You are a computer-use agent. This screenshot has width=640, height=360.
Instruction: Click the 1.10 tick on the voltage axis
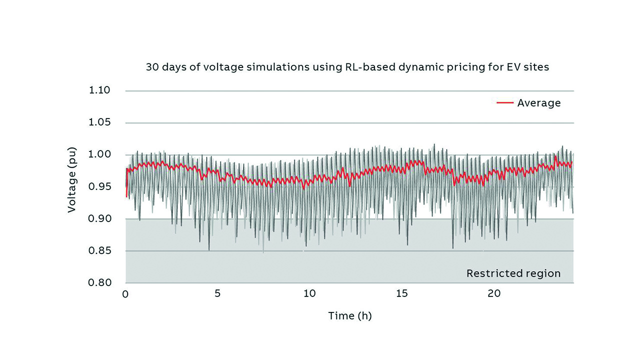pyautogui.click(x=99, y=90)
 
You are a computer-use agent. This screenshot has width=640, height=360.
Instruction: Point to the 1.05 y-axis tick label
pyautogui.click(x=99, y=122)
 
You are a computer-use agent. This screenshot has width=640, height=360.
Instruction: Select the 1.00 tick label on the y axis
pyautogui.click(x=99, y=154)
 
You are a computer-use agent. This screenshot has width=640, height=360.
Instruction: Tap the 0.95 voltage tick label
pyautogui.click(x=99, y=186)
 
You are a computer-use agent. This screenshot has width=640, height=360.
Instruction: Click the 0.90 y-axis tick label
pyautogui.click(x=99, y=218)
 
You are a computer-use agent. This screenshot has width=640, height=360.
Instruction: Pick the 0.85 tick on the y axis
pyautogui.click(x=99, y=250)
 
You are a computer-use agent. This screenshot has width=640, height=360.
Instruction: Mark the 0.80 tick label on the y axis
pyautogui.click(x=99, y=282)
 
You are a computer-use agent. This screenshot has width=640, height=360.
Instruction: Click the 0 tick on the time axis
pyautogui.click(x=125, y=294)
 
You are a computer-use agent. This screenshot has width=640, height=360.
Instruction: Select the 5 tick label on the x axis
pyautogui.click(x=217, y=294)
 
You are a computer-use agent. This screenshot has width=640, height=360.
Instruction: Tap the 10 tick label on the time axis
pyautogui.click(x=309, y=294)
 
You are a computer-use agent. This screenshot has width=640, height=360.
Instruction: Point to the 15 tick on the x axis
pyautogui.click(x=402, y=294)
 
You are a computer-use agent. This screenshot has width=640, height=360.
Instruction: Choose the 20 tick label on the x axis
pyautogui.click(x=494, y=294)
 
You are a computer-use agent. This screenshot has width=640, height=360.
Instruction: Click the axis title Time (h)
pyautogui.click(x=350, y=316)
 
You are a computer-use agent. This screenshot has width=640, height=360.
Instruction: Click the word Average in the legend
pyautogui.click(x=539, y=103)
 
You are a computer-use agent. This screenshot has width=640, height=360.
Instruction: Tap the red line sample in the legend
pyautogui.click(x=505, y=103)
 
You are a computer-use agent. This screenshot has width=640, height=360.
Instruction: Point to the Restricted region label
pyautogui.click(x=513, y=273)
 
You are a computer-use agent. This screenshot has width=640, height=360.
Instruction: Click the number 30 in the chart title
pyautogui.click(x=152, y=67)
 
